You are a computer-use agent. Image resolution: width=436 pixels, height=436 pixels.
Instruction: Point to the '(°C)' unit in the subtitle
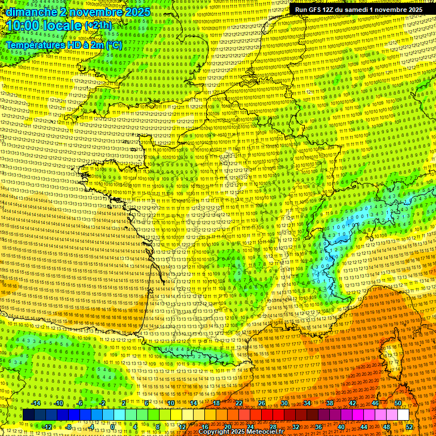[113, 45]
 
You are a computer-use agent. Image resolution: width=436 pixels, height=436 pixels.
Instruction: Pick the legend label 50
[397, 403]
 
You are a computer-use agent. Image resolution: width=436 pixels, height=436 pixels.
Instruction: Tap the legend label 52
[410, 427]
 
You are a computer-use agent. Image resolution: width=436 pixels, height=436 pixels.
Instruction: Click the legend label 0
[113, 427]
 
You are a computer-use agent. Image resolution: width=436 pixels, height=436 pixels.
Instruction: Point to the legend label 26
[262, 403]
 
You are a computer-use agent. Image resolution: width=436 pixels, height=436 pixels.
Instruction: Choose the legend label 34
[307, 403]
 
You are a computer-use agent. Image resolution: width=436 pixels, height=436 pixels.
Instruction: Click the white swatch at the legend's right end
[403, 415]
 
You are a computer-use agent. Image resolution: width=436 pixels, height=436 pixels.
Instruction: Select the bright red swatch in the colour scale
[267, 415]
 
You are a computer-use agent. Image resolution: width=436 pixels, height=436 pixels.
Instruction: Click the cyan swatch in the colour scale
[108, 415]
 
